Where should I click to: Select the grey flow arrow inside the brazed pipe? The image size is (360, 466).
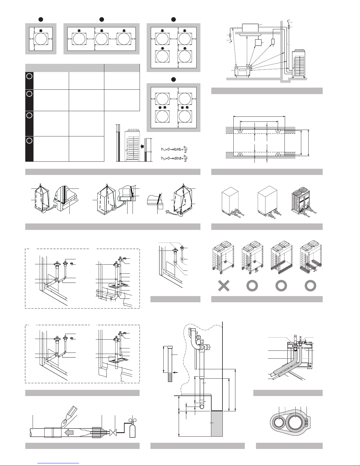point(69,432)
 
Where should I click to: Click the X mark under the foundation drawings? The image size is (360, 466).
point(224,286)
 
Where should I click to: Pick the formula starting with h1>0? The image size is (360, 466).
point(175,149)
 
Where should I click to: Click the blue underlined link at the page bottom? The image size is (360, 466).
point(58,463)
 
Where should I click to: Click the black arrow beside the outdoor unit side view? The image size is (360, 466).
point(142,146)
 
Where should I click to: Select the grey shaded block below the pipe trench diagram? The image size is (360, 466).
point(217,423)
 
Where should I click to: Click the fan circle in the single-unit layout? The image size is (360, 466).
point(41,39)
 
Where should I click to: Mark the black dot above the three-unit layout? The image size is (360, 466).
point(102,19)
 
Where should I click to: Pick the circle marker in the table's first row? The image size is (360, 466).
point(29,76)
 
